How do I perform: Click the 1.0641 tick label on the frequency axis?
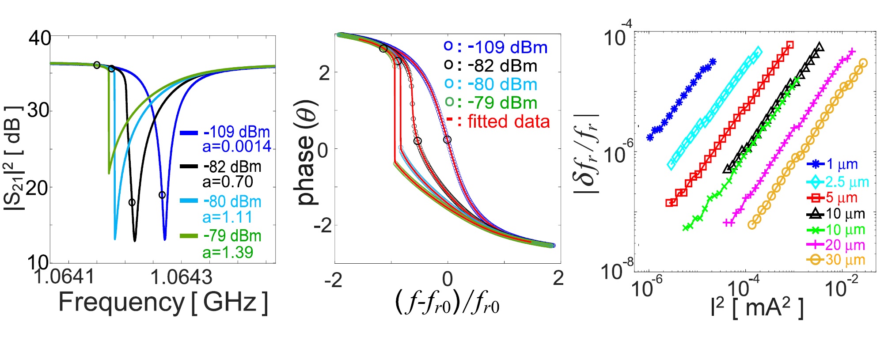[65, 277]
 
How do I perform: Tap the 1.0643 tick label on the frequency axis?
[181, 277]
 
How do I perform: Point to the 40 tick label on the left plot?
[40, 38]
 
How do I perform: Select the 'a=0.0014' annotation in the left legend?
[237, 147]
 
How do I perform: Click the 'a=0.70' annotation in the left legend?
[228, 182]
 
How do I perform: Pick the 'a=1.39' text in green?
[228, 252]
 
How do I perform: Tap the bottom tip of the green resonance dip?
[109, 173]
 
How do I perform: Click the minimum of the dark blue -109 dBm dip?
[165, 239]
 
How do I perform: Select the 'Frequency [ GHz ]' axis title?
[163, 303]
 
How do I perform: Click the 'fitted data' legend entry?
[509, 121]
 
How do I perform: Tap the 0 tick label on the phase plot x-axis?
[448, 279]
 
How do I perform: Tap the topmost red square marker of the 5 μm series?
[790, 45]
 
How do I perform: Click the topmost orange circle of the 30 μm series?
[863, 63]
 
